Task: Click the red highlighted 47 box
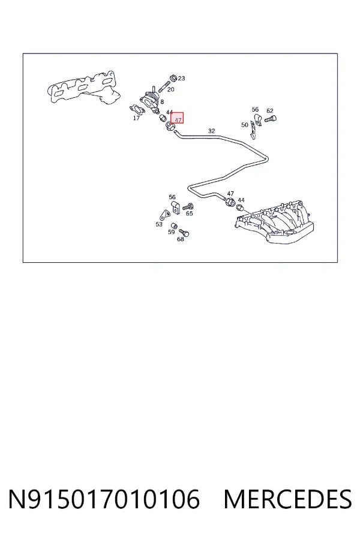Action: (177, 118)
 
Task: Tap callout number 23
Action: (182, 78)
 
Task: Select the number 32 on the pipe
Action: (212, 131)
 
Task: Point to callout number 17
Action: (136, 118)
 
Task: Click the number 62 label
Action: (270, 110)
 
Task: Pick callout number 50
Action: (245, 125)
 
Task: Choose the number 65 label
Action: (190, 214)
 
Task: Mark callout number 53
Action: (159, 224)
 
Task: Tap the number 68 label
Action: (180, 239)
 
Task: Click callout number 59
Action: (171, 232)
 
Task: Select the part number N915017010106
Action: (104, 499)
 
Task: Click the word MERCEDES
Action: (287, 499)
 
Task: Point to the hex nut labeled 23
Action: (173, 78)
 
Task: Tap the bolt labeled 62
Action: (271, 119)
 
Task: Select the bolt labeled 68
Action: (184, 233)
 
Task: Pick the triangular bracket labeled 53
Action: (164, 215)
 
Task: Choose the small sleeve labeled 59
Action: (175, 226)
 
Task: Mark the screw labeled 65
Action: (188, 208)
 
